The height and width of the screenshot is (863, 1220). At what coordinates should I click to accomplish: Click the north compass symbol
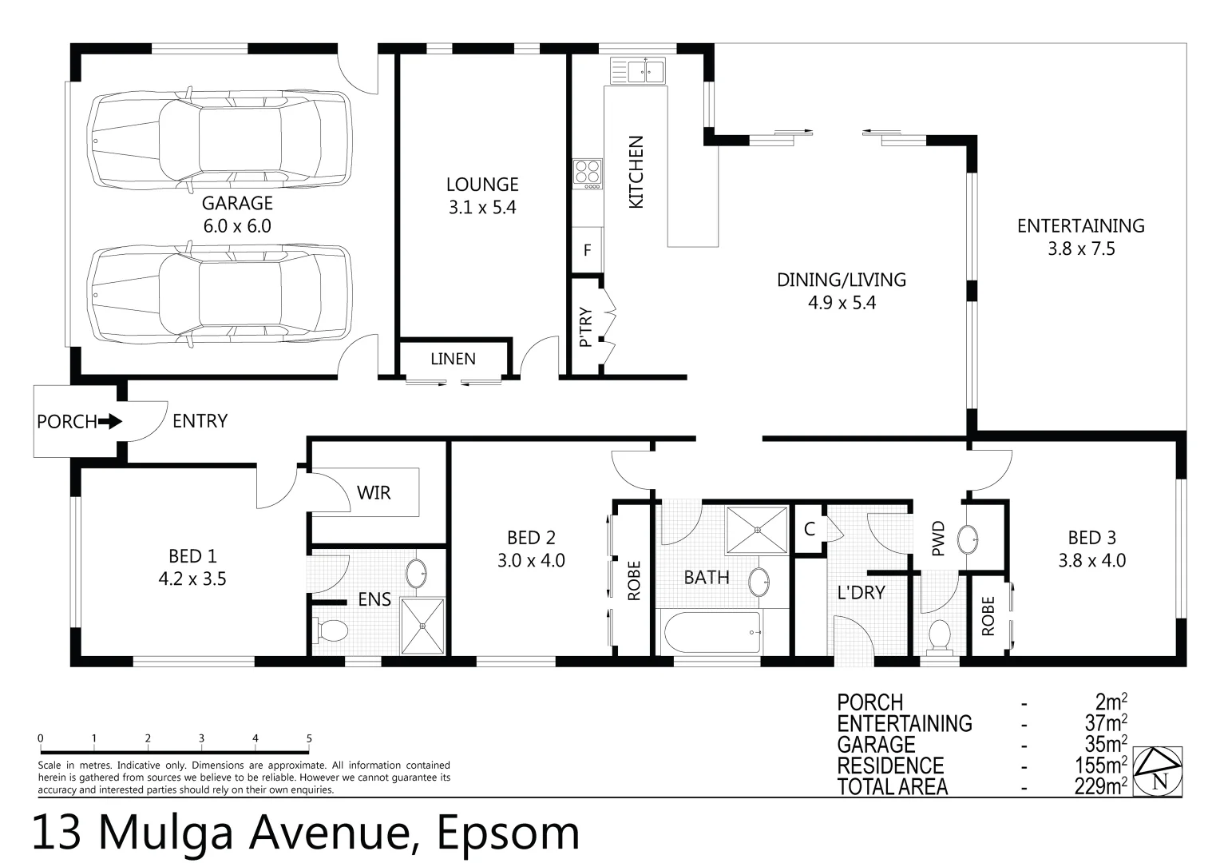tap(1158, 771)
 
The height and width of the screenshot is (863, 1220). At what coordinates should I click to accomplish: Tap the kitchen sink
tap(638, 70)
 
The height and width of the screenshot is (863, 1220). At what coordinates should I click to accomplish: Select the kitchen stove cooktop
tap(587, 174)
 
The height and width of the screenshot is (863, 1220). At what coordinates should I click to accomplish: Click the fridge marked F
tap(587, 249)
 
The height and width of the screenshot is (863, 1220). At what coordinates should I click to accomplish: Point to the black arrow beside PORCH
tap(110, 421)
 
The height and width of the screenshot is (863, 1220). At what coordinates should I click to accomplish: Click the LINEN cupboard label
tap(453, 359)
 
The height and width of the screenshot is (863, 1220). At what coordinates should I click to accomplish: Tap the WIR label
tap(374, 493)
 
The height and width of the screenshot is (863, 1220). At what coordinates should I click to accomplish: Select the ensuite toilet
tap(330, 630)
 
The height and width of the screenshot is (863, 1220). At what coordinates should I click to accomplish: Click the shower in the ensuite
tap(422, 626)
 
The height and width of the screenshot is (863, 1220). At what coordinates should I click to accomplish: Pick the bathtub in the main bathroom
tap(711, 632)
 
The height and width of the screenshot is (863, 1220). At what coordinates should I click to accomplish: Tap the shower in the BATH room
tap(757, 530)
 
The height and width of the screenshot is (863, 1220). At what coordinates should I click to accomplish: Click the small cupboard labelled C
tap(810, 529)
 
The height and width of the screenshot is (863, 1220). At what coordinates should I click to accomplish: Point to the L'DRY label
tap(861, 593)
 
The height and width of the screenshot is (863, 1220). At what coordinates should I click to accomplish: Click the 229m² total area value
tap(1101, 786)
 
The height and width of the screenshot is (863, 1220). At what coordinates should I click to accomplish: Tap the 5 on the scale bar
tap(309, 738)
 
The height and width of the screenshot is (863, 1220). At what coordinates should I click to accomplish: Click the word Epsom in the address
tap(508, 833)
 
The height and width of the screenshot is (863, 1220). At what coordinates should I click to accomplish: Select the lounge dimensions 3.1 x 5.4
tap(482, 208)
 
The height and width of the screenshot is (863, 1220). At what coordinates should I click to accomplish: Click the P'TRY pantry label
tap(585, 327)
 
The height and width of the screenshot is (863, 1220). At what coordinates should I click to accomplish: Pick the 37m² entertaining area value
tap(1106, 723)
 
